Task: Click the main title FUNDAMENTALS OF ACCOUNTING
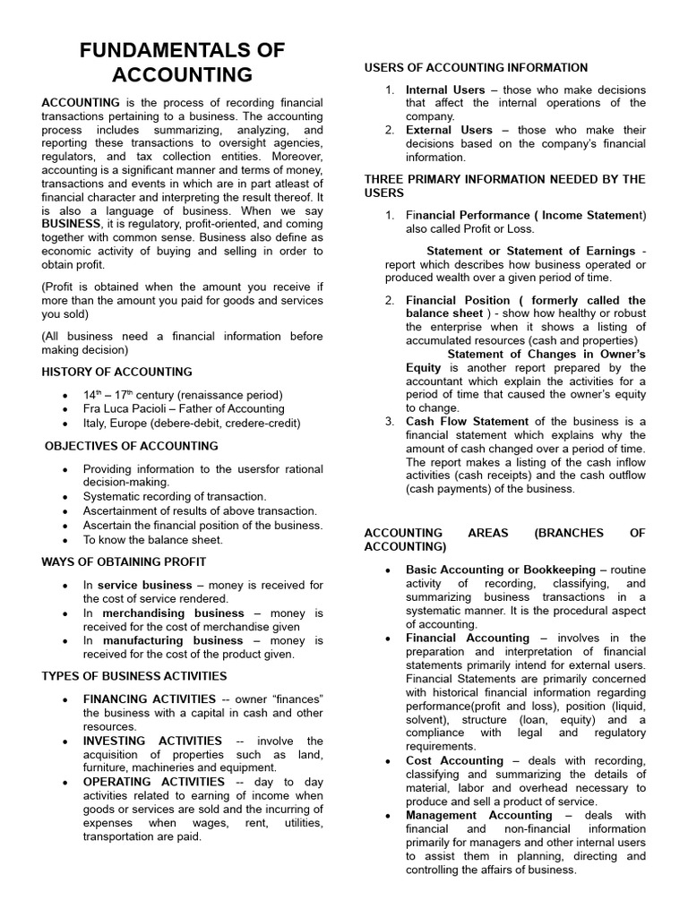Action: coord(183,61)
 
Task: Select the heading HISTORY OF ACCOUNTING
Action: coord(116,372)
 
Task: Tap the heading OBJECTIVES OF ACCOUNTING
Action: coord(132,445)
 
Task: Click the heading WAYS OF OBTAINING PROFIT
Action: coord(124,561)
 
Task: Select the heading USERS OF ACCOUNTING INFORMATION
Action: coord(476,67)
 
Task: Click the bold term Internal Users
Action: coord(445,90)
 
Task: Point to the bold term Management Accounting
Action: coord(479,815)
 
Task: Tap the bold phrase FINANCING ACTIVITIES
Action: coord(150,698)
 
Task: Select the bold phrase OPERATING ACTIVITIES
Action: coord(152,782)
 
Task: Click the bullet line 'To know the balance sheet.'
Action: coord(153,540)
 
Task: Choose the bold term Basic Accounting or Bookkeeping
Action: coord(501,570)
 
